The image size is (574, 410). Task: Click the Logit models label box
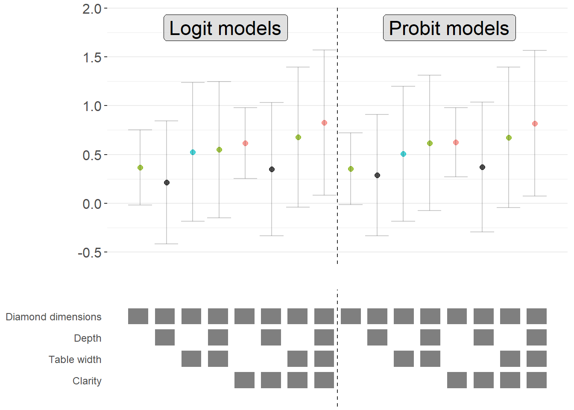pos(225,28)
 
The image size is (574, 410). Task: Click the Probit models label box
pos(449,28)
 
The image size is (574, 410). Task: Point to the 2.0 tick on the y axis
pos(92,9)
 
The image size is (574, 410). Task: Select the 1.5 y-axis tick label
pos(92,57)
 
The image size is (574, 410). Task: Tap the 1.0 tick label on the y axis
pos(92,106)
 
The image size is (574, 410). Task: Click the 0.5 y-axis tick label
pos(92,155)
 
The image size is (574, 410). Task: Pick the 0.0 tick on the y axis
pos(92,204)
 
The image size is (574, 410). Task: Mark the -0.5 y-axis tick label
pos(89,253)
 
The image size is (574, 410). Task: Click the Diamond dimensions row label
pos(53,317)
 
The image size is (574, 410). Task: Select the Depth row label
pos(88,338)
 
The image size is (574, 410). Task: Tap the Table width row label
pos(75,360)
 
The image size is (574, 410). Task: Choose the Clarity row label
pos(87,381)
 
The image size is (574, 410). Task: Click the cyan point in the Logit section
pos(193,152)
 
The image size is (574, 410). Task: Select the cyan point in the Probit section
pos(403,154)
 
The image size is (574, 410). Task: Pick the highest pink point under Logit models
pos(324,123)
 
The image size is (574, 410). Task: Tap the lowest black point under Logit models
pos(167,183)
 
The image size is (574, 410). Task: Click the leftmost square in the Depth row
pos(165,337)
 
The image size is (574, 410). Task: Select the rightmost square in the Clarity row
pos(536,380)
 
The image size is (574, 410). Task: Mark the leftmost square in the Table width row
pos(191,359)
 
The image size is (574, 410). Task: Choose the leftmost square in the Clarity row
pos(244,380)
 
